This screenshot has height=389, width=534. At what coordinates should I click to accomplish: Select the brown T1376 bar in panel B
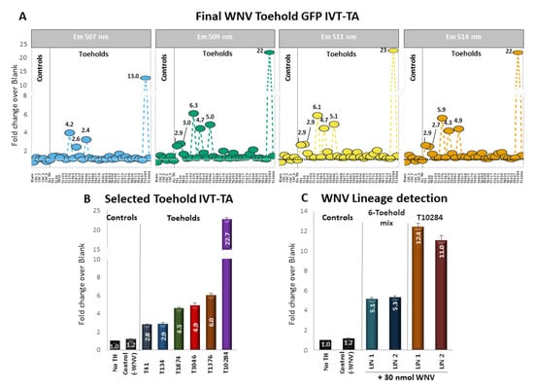(209, 321)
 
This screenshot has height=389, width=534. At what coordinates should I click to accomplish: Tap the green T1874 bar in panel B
(178, 328)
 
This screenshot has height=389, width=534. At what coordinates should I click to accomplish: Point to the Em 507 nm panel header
(92, 36)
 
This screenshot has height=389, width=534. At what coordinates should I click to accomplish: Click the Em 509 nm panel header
(216, 36)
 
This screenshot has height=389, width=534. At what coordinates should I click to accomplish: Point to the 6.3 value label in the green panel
(193, 105)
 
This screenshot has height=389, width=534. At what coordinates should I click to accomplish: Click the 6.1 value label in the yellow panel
(317, 107)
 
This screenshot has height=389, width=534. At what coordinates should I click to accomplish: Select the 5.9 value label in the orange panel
(442, 110)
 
